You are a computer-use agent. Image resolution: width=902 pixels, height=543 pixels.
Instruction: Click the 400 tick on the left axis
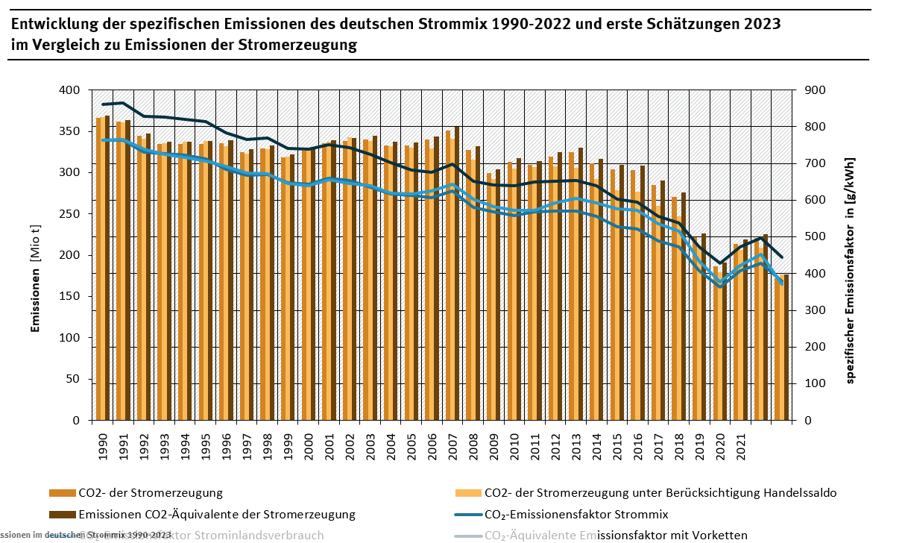point(70,90)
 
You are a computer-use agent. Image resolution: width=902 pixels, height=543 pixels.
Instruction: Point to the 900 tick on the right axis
point(815,90)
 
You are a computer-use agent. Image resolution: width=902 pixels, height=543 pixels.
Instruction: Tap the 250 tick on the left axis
point(70,214)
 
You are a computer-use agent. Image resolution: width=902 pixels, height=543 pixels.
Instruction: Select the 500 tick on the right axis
point(815,236)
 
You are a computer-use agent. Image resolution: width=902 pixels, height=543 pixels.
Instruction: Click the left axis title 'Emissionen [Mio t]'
point(35,255)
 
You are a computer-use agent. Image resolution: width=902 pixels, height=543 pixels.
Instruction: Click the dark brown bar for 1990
point(107,269)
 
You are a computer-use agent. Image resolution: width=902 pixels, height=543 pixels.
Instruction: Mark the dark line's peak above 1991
point(123,103)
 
